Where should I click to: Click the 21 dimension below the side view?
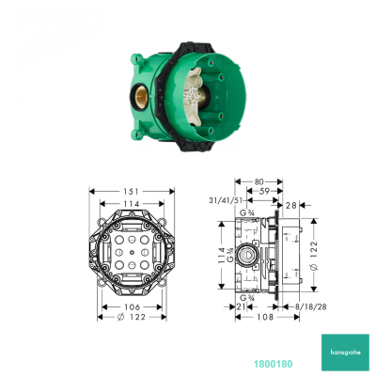[242, 305]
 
